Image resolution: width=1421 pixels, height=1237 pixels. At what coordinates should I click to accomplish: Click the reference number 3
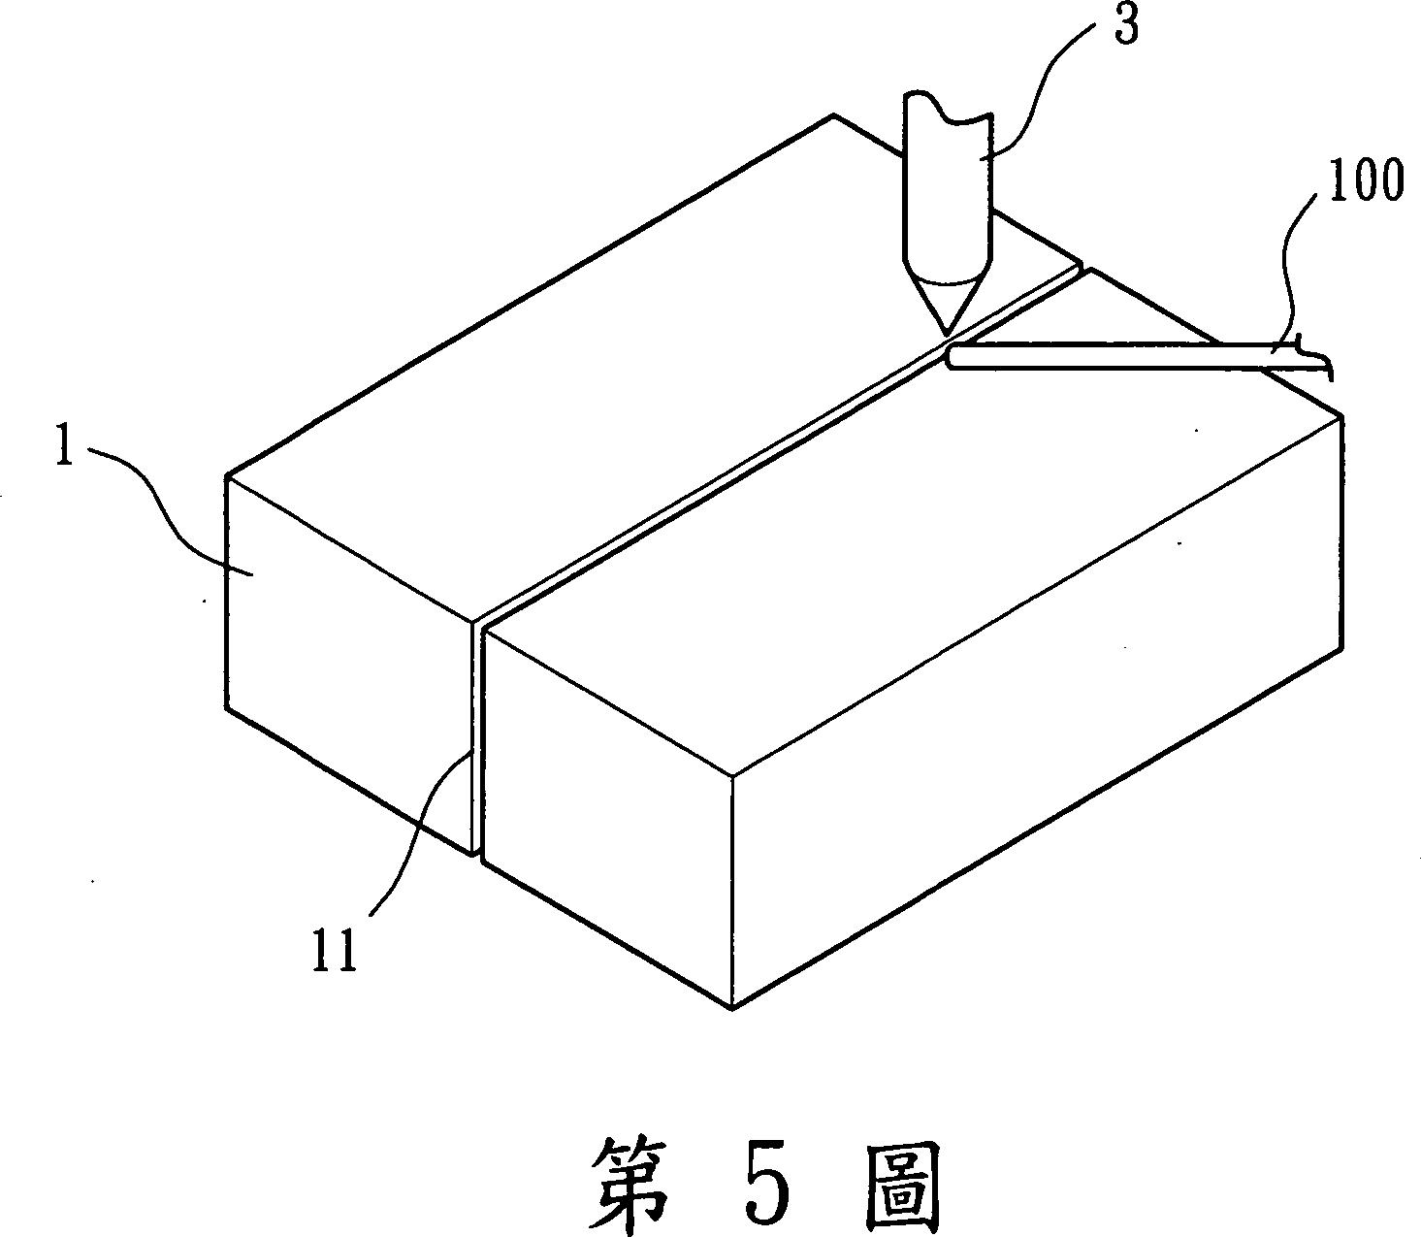1125,26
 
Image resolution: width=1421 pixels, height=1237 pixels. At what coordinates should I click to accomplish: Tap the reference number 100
1365,182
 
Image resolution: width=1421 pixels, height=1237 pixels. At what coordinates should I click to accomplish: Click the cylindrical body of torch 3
947,184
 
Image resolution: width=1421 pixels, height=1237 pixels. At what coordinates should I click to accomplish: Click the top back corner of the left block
832,115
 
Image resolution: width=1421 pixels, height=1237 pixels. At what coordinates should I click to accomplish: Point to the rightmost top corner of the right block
1341,414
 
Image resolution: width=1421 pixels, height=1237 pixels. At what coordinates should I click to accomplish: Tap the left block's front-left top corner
227,476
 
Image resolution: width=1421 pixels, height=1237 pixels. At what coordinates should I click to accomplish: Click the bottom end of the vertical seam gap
476,852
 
